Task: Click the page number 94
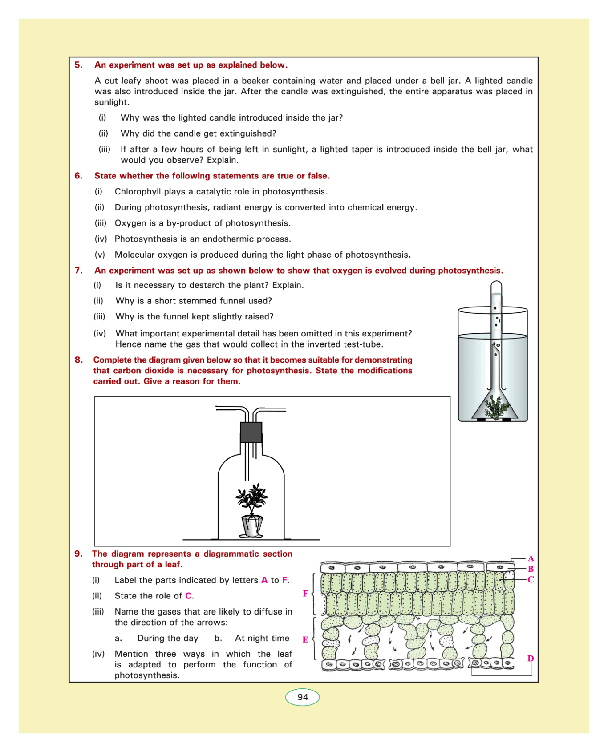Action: coord(303,697)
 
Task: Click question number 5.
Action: coord(78,65)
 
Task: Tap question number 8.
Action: coord(78,360)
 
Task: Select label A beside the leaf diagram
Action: coord(531,558)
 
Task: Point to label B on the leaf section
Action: coord(531,569)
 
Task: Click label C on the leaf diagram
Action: coord(531,580)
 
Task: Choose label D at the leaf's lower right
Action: coord(531,659)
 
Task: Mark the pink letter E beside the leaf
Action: coord(305,640)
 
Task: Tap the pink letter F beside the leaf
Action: coord(305,594)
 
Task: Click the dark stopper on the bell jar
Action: coord(251,432)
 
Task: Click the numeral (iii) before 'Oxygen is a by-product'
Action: coord(101,223)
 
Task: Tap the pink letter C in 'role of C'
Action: coord(189,596)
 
